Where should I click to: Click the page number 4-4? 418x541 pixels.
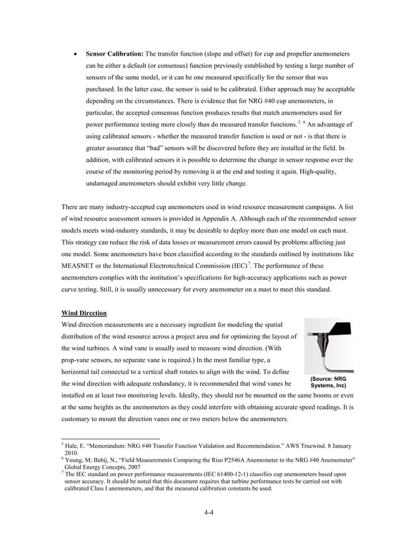pos(208,512)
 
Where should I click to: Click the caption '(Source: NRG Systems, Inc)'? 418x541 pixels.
pos(328,382)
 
